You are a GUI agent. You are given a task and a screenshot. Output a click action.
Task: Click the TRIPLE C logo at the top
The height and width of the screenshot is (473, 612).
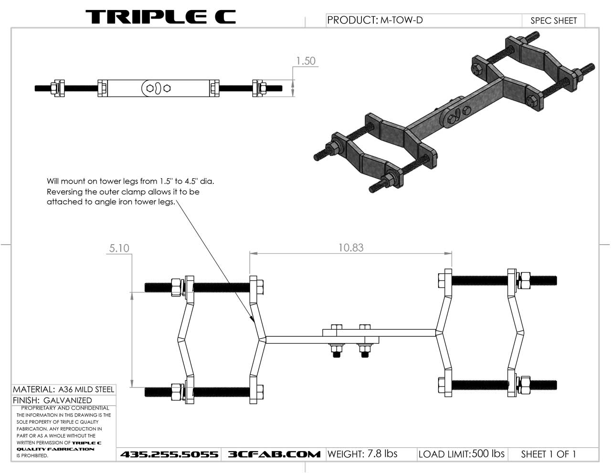[x=160, y=17]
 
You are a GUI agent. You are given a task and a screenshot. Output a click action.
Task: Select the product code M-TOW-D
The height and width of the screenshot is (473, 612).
[x=401, y=20]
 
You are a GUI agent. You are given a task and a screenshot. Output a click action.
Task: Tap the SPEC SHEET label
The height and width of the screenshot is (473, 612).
[x=553, y=21]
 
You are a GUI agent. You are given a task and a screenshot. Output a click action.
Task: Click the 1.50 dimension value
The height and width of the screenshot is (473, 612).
[x=306, y=61]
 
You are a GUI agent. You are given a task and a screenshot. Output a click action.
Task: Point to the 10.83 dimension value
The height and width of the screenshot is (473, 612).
[x=351, y=247]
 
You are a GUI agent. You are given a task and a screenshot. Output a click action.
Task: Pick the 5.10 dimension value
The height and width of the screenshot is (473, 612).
[x=119, y=248]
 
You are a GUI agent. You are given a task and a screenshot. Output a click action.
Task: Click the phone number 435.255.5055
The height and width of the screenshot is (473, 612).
[x=169, y=454]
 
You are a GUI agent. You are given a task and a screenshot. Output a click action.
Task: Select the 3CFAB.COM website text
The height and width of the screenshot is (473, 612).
[x=274, y=454]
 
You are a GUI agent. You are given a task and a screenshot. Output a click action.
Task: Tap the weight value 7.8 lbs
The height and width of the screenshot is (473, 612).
[x=382, y=454]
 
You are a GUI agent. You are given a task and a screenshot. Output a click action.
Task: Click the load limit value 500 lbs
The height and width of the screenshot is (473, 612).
[x=488, y=454]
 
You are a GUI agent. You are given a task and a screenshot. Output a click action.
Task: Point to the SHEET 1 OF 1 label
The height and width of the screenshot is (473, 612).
[x=548, y=454]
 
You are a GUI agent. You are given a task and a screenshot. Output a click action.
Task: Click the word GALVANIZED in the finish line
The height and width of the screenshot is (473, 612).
[x=67, y=400]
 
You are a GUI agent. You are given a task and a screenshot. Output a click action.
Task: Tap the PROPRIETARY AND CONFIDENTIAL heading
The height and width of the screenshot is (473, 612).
[x=65, y=408]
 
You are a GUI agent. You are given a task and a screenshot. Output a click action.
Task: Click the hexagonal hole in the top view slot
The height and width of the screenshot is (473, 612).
[x=167, y=88]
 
